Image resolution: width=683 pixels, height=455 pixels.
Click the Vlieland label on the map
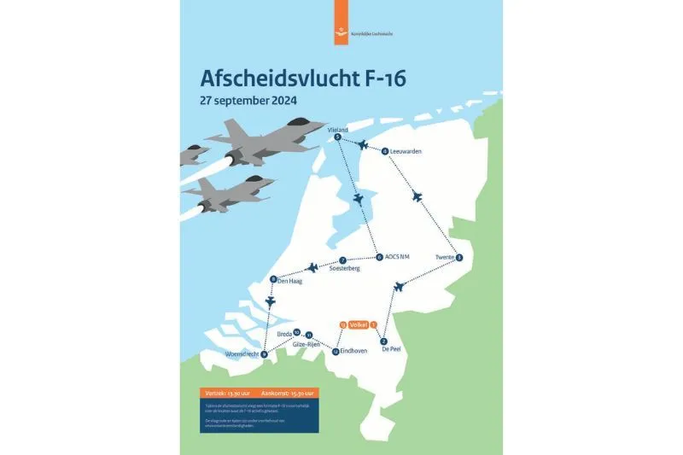click(338, 129)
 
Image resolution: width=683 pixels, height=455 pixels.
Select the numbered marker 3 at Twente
click(459, 257)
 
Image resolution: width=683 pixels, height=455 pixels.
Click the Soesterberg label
click(345, 268)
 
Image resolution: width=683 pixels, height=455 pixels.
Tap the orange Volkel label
click(358, 324)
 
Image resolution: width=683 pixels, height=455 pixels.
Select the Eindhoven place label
click(353, 350)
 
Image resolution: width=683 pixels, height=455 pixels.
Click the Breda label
click(284, 334)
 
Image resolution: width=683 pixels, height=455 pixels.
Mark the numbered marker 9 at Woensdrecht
click(264, 354)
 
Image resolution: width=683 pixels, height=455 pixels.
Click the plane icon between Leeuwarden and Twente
click(417, 196)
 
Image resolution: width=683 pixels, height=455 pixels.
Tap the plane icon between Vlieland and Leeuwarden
click(362, 145)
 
